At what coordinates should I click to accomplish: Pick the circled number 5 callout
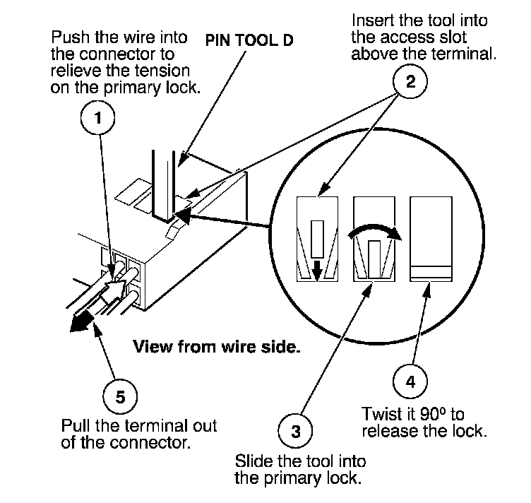pos(120,398)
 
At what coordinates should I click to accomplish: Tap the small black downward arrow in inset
pos(317,268)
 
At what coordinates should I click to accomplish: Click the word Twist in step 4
pos(381,413)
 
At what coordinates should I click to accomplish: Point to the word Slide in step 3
pos(252,462)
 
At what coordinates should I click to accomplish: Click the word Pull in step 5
pos(77,427)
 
